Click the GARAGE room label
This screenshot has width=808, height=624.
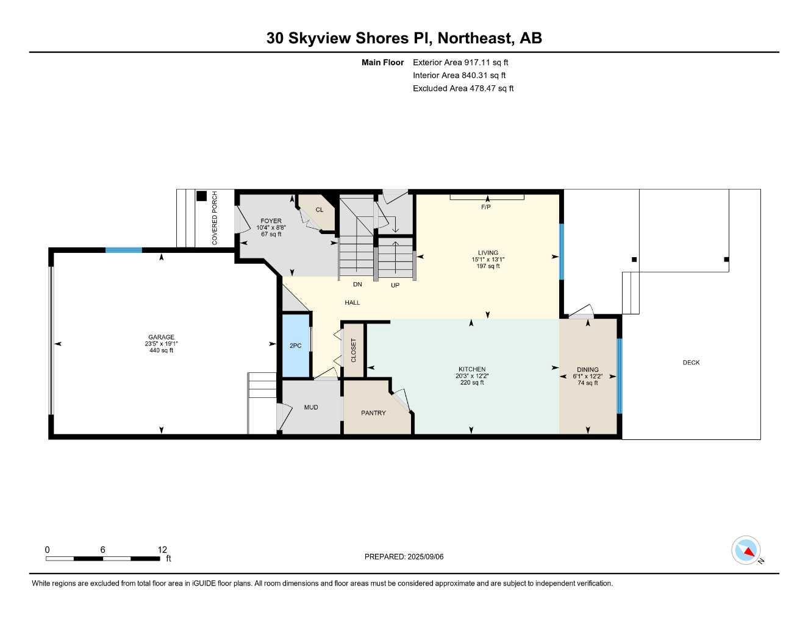(161, 337)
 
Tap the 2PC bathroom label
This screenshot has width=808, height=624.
(295, 346)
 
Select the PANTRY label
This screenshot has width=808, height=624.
(373, 413)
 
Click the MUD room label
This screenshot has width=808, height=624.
(311, 407)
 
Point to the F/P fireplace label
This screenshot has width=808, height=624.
(486, 207)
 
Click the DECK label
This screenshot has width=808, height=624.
(691, 363)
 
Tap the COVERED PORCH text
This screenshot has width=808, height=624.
(215, 218)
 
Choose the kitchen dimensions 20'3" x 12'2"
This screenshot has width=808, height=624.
(472, 376)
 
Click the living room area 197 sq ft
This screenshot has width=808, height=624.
(488, 266)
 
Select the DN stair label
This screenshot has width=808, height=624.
(357, 285)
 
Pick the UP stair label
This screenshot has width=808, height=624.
(395, 285)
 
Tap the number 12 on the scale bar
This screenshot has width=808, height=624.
(162, 550)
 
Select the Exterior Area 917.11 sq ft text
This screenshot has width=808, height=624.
(460, 62)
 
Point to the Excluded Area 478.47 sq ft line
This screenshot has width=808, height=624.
(463, 88)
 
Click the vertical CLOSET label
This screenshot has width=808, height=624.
(354, 350)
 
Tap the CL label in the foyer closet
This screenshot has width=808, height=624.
(319, 210)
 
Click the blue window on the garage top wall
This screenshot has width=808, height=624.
(124, 250)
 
